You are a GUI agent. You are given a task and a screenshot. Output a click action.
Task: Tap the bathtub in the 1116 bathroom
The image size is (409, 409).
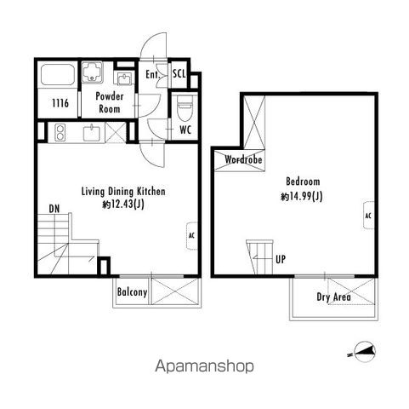click(x=58, y=74)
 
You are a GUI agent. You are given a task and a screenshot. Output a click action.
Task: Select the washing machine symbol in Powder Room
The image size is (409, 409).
click(x=93, y=72)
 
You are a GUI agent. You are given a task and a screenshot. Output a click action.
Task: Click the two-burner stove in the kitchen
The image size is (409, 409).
click(x=60, y=132)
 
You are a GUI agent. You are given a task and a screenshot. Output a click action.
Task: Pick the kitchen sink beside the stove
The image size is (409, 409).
click(x=92, y=133)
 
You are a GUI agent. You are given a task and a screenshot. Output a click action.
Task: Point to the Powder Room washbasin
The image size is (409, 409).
click(x=124, y=78)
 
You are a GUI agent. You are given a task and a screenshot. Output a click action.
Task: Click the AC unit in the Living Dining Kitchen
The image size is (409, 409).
click(x=192, y=236)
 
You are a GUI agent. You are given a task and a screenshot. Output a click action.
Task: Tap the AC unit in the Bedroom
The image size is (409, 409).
click(x=368, y=216)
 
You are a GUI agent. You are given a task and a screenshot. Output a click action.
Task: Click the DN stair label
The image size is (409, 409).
click(x=54, y=209)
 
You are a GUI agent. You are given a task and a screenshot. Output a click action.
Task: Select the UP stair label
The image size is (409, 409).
click(x=281, y=259)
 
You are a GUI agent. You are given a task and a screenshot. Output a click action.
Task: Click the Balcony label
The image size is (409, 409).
click(x=133, y=292)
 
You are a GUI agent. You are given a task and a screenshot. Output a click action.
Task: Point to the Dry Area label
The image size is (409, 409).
click(x=333, y=297)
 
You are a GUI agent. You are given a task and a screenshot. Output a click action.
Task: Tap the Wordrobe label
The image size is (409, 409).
click(x=243, y=159)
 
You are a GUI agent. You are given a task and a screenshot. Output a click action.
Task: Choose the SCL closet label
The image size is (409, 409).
click(x=179, y=74)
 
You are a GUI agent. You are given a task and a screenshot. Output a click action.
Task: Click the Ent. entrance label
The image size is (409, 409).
click(x=153, y=75)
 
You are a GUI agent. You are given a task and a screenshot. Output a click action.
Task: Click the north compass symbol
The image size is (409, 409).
click(x=363, y=351)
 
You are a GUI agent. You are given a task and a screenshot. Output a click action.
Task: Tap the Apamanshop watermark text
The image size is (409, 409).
click(x=204, y=366)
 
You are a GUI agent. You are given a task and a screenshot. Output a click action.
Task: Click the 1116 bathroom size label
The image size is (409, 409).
click(x=60, y=103)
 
